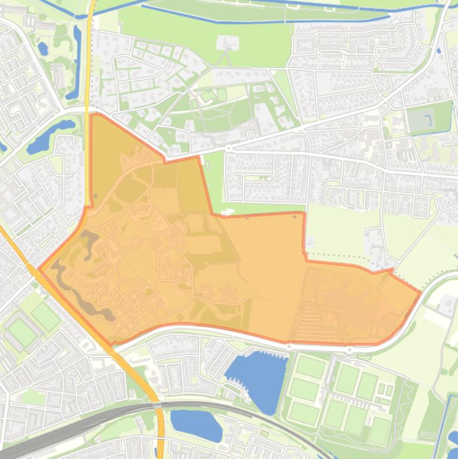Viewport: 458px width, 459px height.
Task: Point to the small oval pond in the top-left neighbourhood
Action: point(42,48)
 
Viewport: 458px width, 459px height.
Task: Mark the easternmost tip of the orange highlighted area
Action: point(420,292)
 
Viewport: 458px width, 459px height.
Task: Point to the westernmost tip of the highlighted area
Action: point(39,269)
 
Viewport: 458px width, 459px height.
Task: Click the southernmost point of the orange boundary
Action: point(111,345)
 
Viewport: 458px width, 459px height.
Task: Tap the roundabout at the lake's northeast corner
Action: point(286,345)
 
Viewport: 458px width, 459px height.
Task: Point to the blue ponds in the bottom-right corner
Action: point(453,441)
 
